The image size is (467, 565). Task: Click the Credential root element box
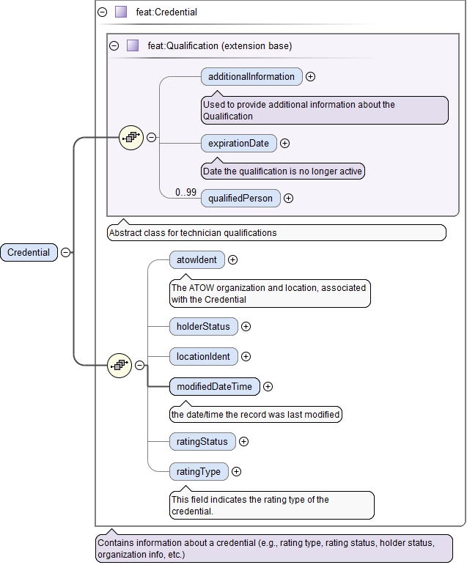[x=29, y=252]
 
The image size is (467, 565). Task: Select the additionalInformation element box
[x=251, y=76]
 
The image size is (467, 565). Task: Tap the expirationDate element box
[x=238, y=143]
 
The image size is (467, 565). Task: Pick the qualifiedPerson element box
[x=240, y=198]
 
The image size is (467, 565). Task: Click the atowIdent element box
[x=196, y=259]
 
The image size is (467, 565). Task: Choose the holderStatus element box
[x=203, y=326]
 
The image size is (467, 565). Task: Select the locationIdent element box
[x=203, y=356]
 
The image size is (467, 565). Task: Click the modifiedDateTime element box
[x=214, y=386]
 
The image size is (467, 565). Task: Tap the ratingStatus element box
[x=202, y=441]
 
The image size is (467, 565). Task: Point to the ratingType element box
[x=198, y=471]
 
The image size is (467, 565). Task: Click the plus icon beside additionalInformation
[x=311, y=76]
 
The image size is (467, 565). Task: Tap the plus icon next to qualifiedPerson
[x=289, y=198]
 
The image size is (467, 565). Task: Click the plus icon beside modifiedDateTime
[x=268, y=386]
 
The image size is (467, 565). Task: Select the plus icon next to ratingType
[x=237, y=471]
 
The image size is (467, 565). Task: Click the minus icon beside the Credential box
[x=65, y=252]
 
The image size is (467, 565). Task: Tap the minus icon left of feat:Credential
[x=102, y=12]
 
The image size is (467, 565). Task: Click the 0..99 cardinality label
[x=185, y=192]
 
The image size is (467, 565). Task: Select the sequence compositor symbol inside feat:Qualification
[x=130, y=137]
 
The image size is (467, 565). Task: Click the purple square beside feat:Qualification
[x=133, y=45]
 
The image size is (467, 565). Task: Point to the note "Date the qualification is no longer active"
[x=282, y=171]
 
